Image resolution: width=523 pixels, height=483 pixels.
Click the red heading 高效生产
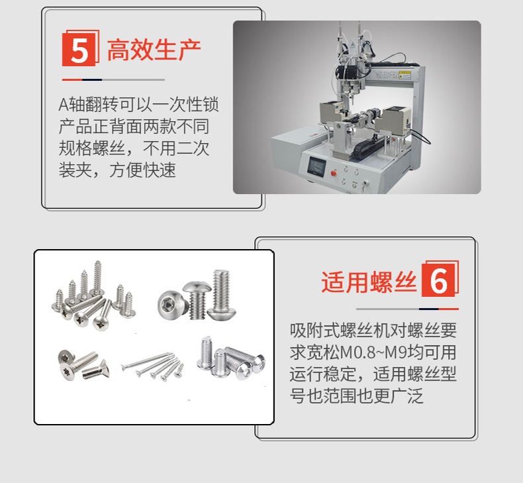(x=154, y=50)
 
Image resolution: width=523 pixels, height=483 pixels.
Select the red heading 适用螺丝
(x=369, y=282)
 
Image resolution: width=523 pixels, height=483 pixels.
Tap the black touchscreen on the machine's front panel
(x=316, y=166)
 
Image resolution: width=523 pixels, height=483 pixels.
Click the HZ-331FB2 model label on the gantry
(x=387, y=74)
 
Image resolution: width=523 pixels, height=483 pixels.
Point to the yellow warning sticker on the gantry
(x=404, y=75)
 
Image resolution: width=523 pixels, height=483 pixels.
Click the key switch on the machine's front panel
(x=365, y=184)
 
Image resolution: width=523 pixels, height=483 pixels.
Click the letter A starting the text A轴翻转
(x=64, y=105)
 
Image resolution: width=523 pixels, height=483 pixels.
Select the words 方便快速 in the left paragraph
(x=142, y=170)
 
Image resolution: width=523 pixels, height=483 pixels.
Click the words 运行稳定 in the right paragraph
(x=322, y=374)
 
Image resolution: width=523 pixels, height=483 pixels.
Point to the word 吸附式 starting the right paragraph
(x=314, y=331)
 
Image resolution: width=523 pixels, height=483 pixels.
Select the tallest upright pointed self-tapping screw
(x=97, y=278)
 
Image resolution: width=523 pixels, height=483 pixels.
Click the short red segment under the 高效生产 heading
(x=72, y=80)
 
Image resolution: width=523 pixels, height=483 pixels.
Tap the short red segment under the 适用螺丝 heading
(x=449, y=309)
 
